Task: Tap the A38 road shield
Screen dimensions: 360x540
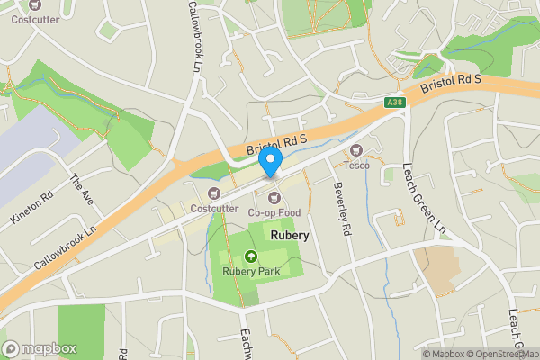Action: (394, 103)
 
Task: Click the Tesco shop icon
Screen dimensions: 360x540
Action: (356, 149)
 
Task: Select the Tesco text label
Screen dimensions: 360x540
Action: (357, 166)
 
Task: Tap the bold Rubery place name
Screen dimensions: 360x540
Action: (289, 235)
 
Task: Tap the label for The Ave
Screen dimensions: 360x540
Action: (81, 189)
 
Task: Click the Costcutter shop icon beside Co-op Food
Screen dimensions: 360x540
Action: (214, 193)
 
